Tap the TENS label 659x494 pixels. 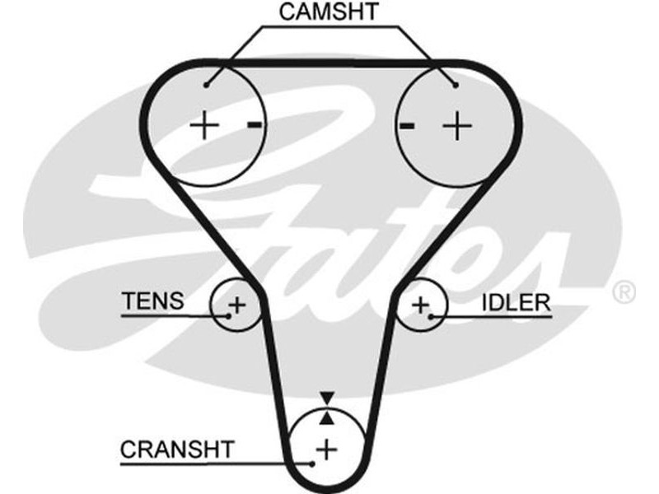153,301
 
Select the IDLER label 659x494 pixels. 516,302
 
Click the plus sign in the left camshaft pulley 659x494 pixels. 204,126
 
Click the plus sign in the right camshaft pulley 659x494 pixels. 456,126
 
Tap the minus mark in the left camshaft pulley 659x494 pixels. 255,125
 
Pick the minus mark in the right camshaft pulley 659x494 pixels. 405,126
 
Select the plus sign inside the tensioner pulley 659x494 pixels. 236,305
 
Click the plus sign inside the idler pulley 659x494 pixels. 421,305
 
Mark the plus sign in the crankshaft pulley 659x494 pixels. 328,450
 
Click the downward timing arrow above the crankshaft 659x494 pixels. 328,398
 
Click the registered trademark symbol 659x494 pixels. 624,291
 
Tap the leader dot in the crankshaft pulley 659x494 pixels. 313,463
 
